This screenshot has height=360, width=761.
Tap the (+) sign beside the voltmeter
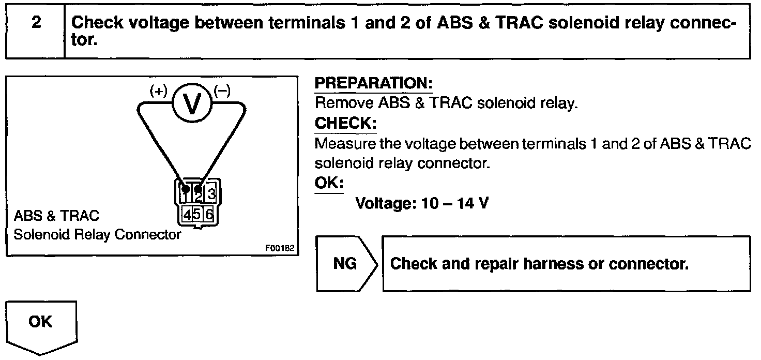[159, 92]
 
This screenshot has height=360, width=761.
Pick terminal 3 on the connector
[210, 194]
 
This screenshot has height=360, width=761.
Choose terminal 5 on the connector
[196, 213]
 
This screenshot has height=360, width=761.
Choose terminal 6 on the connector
[209, 213]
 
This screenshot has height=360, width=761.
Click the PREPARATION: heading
[373, 83]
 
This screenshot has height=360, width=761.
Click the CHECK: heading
[345, 124]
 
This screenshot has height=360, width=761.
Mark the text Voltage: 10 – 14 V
[422, 203]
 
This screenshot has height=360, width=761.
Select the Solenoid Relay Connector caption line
[97, 234]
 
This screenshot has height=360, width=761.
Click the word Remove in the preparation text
[344, 103]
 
